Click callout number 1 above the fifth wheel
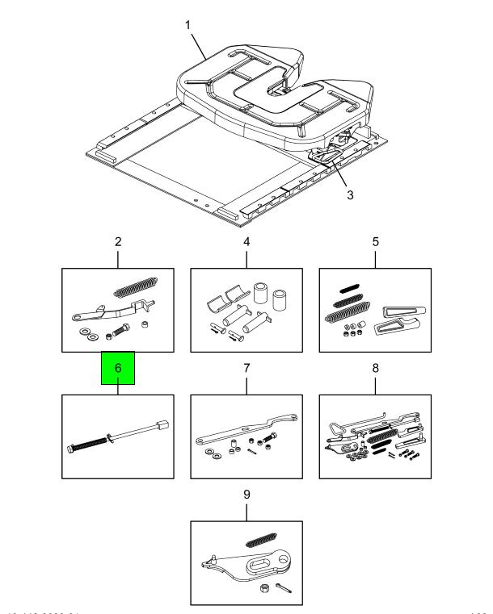188,25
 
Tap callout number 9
247,494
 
